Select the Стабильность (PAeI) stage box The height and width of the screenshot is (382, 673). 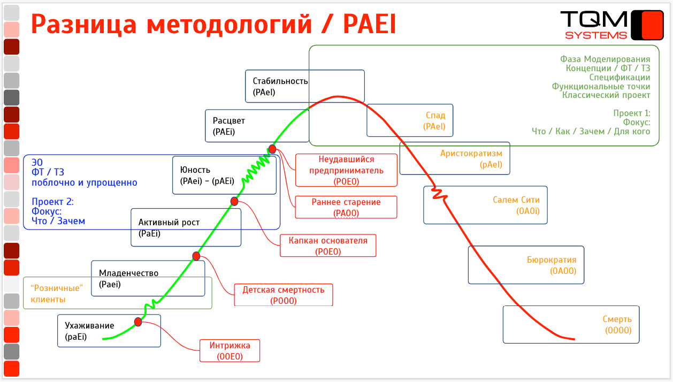click(x=280, y=86)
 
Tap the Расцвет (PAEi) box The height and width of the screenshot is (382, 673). click(x=228, y=126)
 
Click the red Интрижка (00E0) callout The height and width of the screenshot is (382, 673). click(x=230, y=351)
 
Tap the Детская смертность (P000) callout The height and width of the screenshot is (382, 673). click(x=283, y=295)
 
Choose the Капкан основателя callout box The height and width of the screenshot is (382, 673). click(x=327, y=246)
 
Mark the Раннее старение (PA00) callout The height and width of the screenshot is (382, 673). click(x=346, y=207)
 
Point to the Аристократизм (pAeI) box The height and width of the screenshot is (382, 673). click(x=471, y=159)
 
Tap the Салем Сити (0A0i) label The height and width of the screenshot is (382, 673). click(x=516, y=205)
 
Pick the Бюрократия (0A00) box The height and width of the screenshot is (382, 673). click(x=551, y=265)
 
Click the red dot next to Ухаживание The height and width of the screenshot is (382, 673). click(x=138, y=322)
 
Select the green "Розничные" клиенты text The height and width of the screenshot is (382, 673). click(x=56, y=293)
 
